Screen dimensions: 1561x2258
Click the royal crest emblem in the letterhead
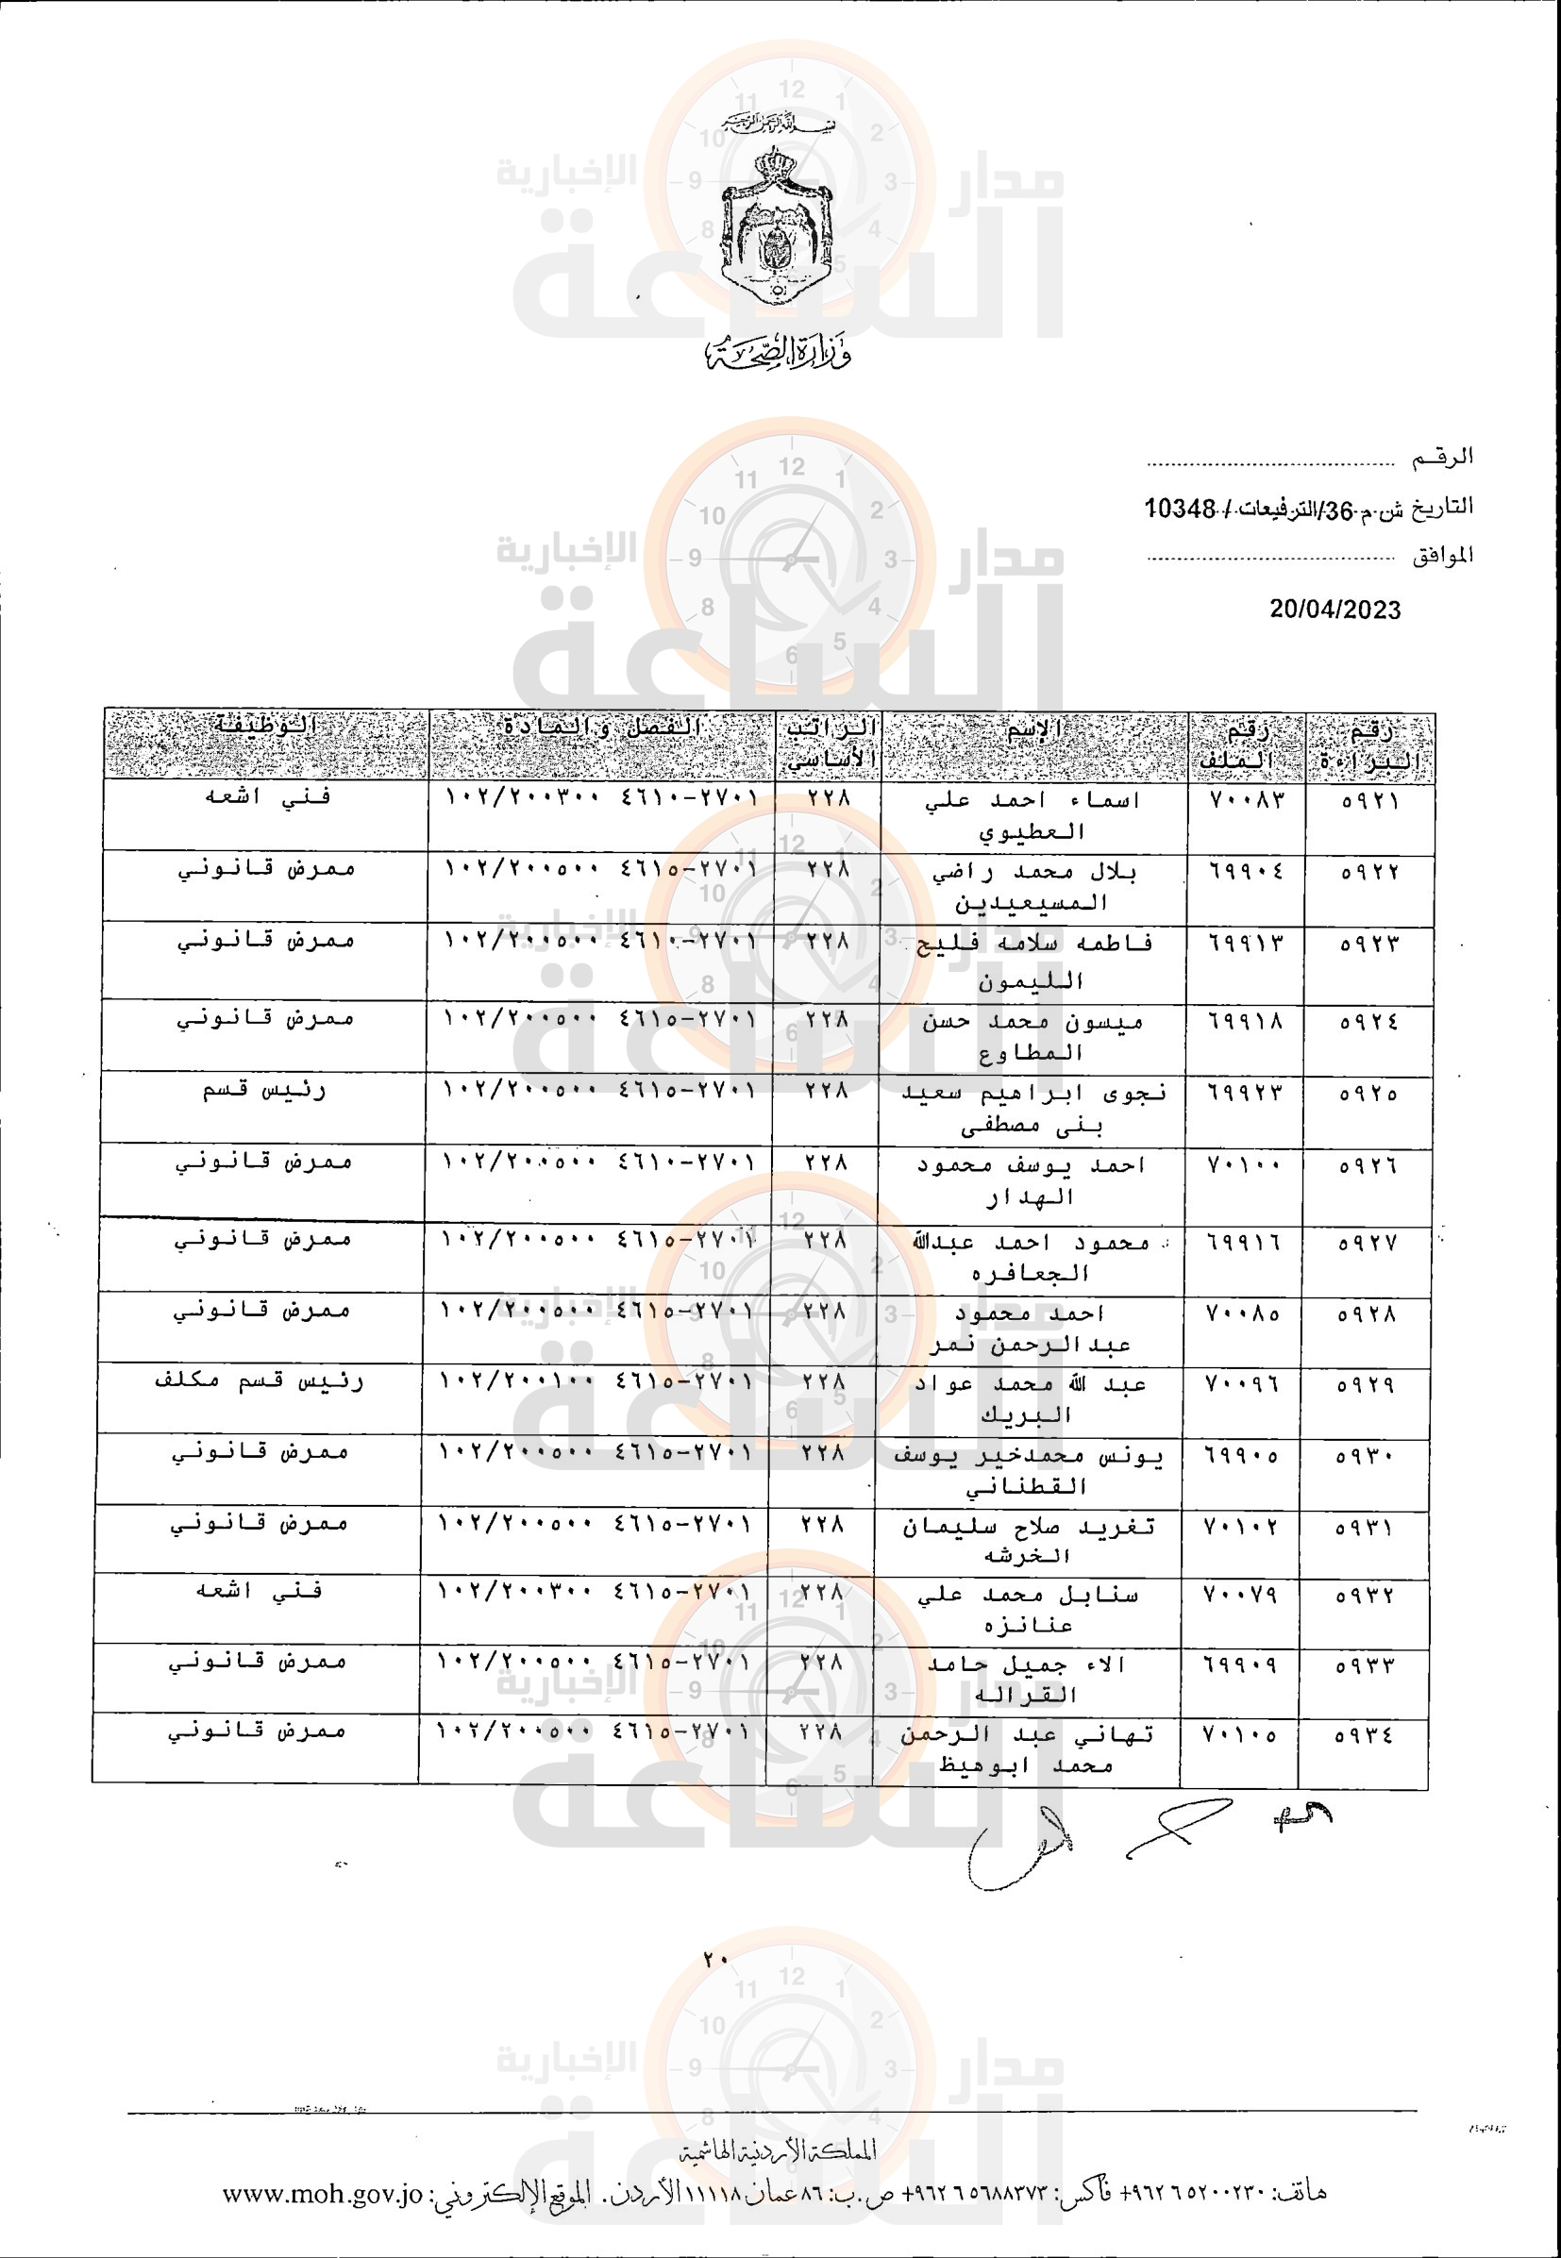777,223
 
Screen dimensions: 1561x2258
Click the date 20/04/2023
1334,610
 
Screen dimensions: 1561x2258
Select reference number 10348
1180,509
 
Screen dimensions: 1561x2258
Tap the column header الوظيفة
266,726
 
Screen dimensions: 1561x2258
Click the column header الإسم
1033,729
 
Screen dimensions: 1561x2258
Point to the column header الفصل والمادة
601,728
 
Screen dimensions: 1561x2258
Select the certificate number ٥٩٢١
1369,802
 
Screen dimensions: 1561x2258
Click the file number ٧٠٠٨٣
1246,800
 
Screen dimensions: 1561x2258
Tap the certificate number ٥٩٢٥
1368,1094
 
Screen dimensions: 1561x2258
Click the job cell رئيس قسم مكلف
260,1380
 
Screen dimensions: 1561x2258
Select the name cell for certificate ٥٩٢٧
1032,1258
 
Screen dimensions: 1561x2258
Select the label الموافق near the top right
1442,557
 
